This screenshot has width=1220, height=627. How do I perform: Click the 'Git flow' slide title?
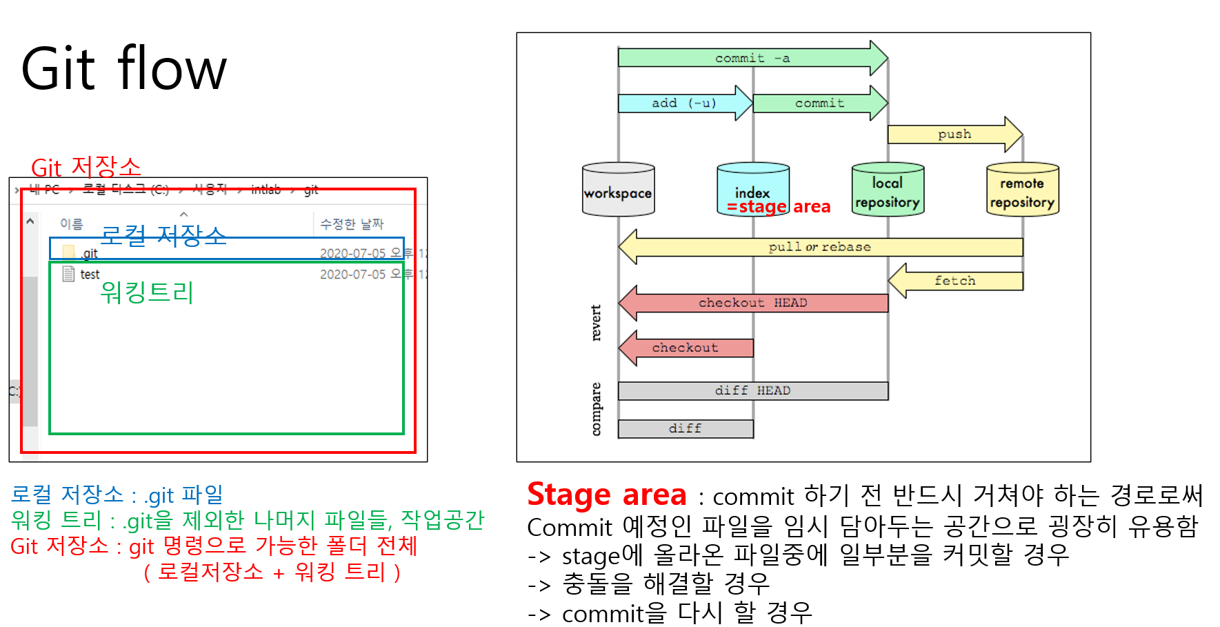(124, 68)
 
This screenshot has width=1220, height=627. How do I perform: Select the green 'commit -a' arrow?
(752, 58)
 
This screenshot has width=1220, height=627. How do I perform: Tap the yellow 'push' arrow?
(954, 134)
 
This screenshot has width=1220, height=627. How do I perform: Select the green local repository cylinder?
(887, 190)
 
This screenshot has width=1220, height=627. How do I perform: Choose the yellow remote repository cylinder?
(1022, 190)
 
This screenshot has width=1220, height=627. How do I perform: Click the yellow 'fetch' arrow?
(955, 281)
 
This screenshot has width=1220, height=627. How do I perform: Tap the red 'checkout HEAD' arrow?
(752, 303)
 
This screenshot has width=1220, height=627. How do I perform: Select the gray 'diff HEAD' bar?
(752, 391)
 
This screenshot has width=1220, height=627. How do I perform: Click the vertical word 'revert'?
(597, 323)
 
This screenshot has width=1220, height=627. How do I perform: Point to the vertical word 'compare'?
(597, 409)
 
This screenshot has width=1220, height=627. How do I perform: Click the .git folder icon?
(69, 252)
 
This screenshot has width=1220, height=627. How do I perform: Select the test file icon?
(69, 274)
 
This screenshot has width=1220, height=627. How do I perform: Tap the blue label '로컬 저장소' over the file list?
(163, 235)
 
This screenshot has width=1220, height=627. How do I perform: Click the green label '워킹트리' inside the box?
(147, 292)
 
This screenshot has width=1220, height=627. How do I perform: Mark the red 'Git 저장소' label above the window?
(86, 167)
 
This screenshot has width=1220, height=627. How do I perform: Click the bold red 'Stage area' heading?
(607, 495)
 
